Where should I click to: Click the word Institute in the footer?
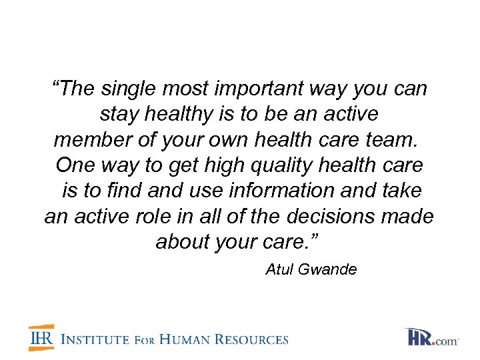94,339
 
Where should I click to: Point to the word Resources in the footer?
250,339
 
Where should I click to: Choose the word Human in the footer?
178,339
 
